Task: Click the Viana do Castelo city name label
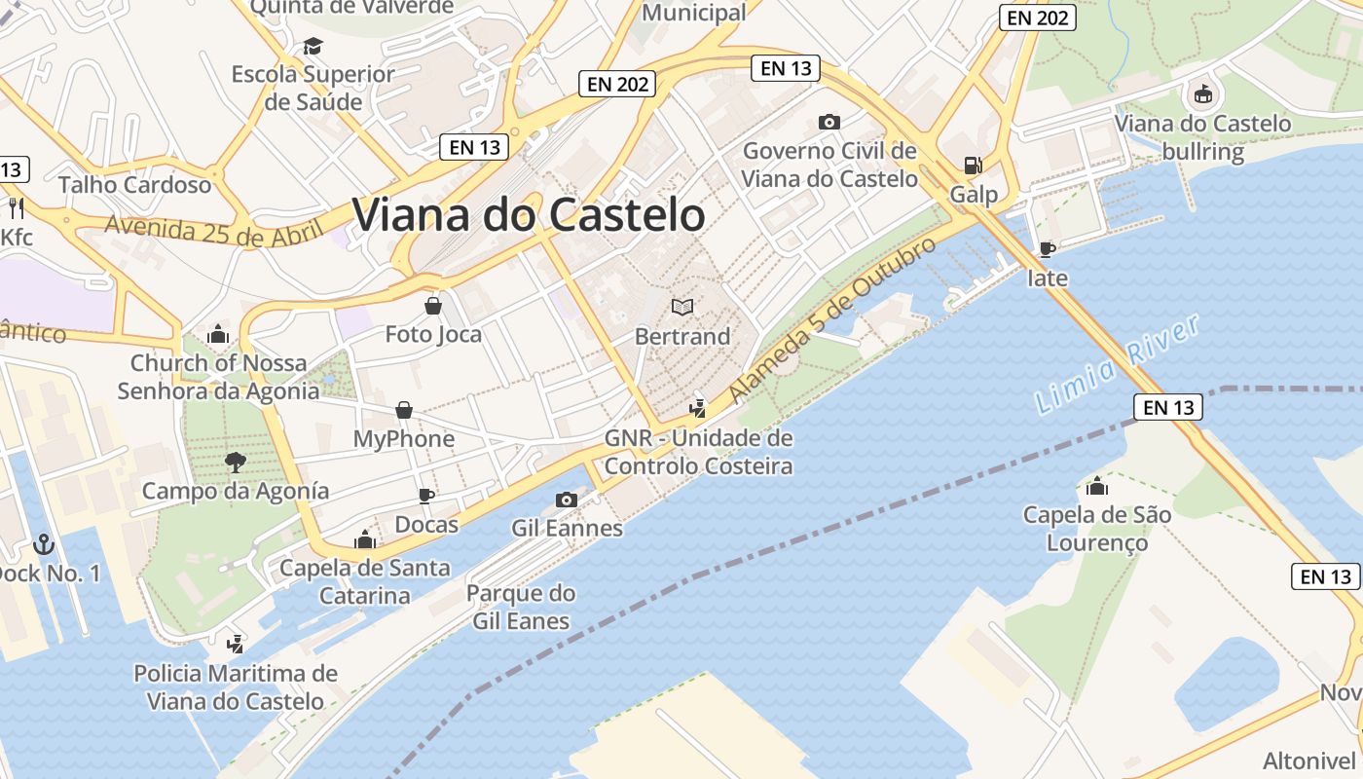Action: [x=528, y=214]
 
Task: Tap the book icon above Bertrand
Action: [x=682, y=308]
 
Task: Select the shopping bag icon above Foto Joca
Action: [x=433, y=306]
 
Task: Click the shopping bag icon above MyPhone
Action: [x=404, y=410]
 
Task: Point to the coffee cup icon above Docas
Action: [x=425, y=496]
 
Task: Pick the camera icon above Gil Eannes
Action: [x=566, y=500]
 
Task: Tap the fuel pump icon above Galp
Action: [x=973, y=166]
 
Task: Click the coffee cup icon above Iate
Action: [x=1048, y=249]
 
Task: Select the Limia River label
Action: [x=1117, y=364]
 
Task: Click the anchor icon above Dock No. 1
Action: [x=43, y=543]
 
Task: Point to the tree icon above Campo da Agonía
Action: [x=235, y=462]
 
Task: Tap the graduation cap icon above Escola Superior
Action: [x=313, y=46]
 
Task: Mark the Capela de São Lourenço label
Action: [x=1097, y=528]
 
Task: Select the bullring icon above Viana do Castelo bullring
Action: [x=1203, y=94]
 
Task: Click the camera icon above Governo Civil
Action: [x=829, y=122]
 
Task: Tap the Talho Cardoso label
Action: [x=134, y=184]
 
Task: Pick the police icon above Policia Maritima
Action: [x=235, y=644]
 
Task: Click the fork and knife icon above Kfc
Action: [x=16, y=207]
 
